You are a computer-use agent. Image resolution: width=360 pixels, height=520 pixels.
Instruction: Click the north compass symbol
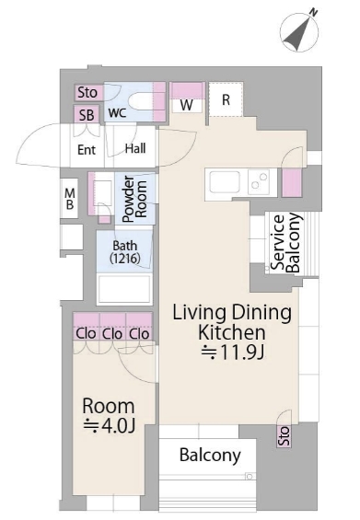[299, 31]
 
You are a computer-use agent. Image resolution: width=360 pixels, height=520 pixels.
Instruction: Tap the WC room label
[118, 113]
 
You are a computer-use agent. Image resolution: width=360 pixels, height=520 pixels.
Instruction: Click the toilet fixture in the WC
[141, 101]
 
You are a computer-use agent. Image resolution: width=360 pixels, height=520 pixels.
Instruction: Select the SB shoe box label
[87, 115]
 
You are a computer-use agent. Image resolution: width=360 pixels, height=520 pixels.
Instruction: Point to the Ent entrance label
[87, 150]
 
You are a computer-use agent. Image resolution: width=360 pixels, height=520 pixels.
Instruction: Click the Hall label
[135, 148]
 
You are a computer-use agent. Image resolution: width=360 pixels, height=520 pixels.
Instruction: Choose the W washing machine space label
[187, 106]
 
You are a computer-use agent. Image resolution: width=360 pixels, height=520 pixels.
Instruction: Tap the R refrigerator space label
[226, 99]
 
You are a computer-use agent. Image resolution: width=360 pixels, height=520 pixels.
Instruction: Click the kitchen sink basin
[225, 181]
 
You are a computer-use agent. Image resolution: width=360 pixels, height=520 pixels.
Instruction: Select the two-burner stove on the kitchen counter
[260, 181]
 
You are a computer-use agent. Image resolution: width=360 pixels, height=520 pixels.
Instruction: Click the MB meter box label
[70, 199]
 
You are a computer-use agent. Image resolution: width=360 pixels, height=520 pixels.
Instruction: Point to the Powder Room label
[134, 199]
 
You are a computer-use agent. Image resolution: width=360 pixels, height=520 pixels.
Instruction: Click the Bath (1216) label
[124, 252]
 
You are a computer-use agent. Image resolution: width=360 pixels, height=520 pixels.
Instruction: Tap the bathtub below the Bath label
[124, 290]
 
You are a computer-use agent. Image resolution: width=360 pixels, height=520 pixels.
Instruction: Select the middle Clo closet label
[112, 333]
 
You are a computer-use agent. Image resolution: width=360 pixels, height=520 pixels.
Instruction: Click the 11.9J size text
[233, 352]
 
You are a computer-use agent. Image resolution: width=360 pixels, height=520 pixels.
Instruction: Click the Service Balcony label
[286, 243]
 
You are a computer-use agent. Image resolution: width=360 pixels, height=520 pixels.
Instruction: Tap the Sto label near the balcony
[285, 435]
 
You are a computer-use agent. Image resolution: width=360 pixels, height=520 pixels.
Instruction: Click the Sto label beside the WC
[87, 93]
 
